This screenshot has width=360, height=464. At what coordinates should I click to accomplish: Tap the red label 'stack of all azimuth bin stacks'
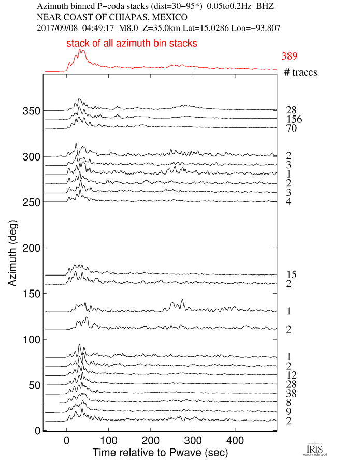[x=132, y=44]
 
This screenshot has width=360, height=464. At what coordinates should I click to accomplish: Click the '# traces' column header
[x=300, y=72]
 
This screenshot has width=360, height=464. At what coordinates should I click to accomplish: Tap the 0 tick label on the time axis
[x=66, y=440]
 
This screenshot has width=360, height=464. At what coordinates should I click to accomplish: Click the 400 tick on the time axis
[x=235, y=440]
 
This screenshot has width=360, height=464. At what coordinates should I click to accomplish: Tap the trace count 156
[x=294, y=120]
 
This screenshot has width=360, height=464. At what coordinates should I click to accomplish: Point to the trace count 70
[x=291, y=128]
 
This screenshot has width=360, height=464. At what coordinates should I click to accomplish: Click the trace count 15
[x=291, y=274]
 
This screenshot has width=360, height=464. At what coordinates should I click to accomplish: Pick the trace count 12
[x=291, y=375]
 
